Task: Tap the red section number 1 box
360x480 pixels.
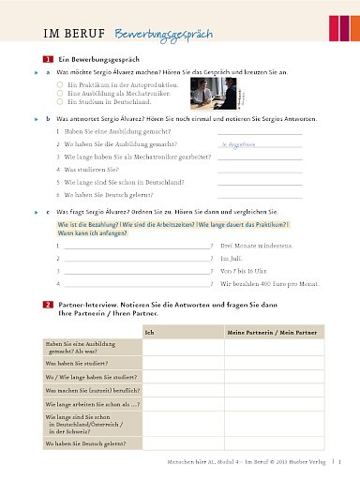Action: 48,60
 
